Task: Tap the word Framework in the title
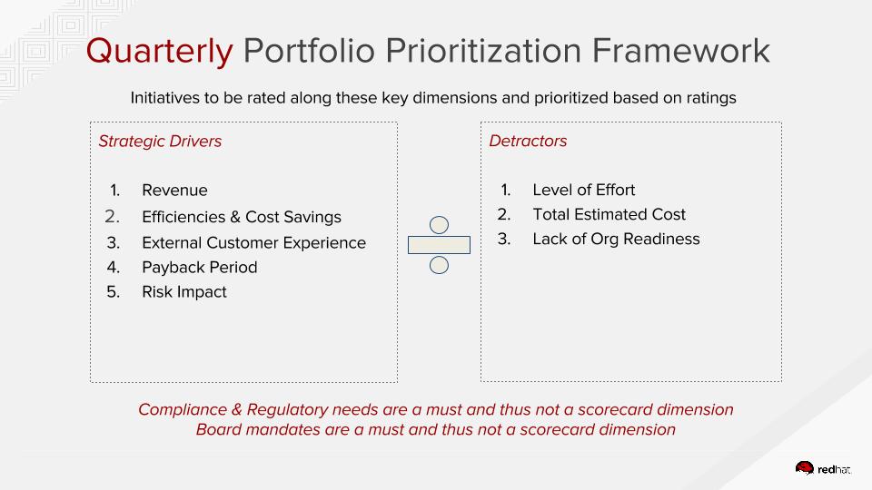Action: point(680,51)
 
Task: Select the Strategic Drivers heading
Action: point(160,142)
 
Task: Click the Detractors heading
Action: point(528,142)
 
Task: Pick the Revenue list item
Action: point(174,190)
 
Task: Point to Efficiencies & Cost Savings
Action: point(242,217)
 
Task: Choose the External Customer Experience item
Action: point(253,243)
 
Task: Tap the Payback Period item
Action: point(200,267)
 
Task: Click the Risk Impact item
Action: point(184,292)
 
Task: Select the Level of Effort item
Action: point(584,190)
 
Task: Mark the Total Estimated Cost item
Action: point(609,214)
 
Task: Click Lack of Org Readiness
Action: point(616,239)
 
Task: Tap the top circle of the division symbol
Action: point(439,224)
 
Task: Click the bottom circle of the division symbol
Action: point(439,265)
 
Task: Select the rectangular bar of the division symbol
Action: point(439,245)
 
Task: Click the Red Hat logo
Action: point(823,468)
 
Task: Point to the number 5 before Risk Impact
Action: point(113,292)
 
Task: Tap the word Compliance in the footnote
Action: point(183,410)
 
